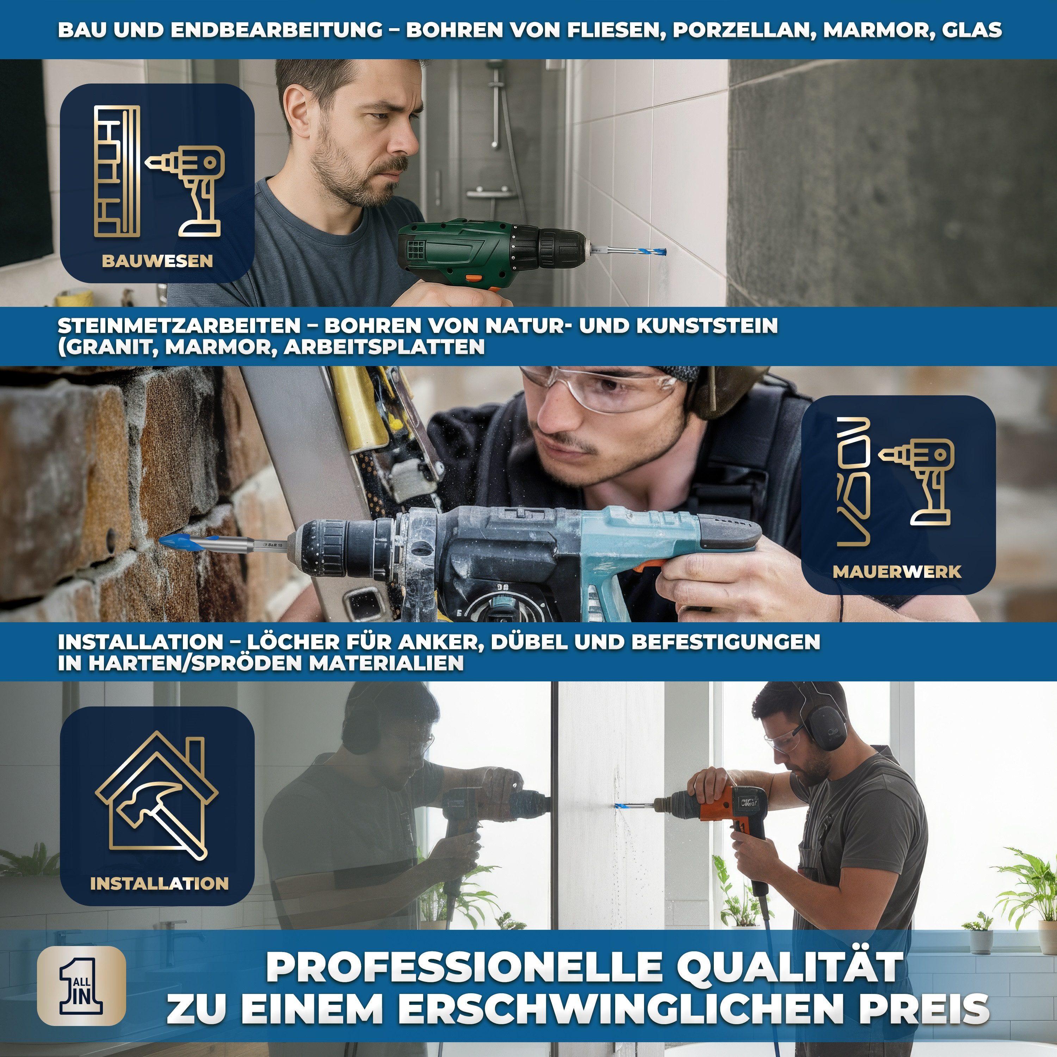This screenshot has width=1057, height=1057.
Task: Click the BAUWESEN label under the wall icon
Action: pos(157,261)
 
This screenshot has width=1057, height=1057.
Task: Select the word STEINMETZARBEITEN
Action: pos(179,326)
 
